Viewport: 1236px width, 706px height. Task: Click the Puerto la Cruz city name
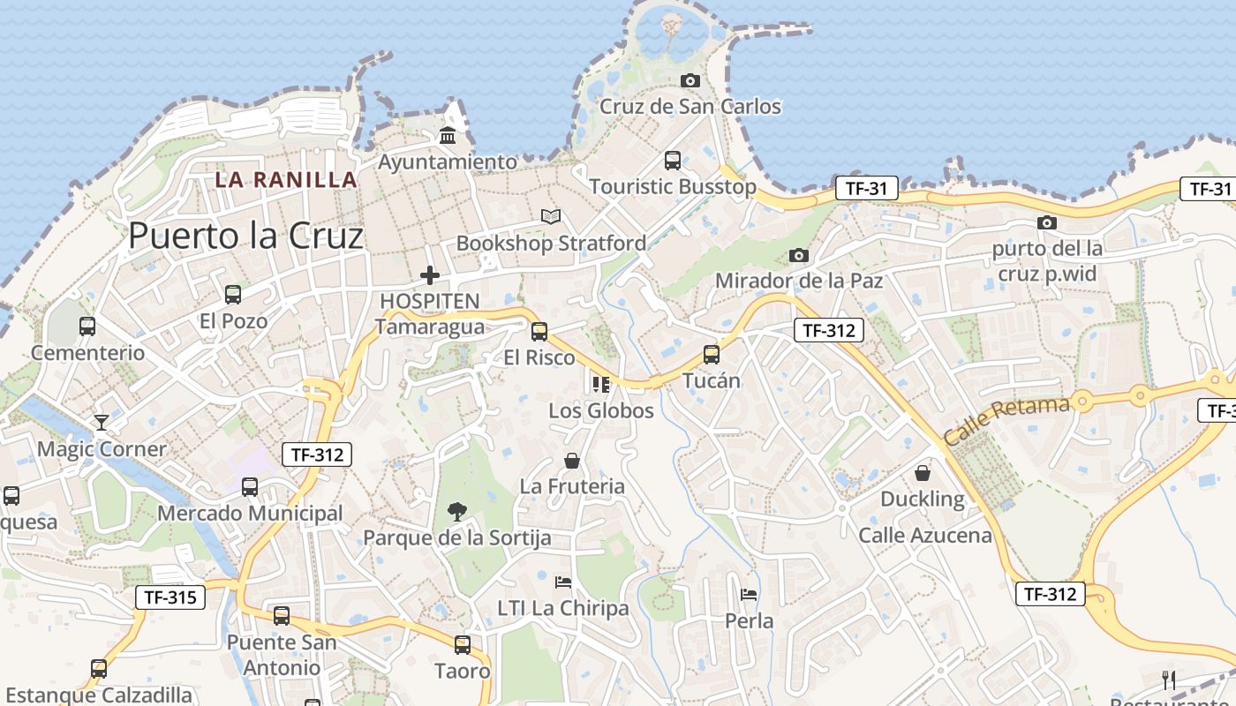point(245,237)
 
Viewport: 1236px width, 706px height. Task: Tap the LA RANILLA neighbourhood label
point(287,180)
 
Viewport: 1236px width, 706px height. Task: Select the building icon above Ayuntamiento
point(448,136)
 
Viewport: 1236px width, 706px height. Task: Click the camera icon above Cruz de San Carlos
point(690,81)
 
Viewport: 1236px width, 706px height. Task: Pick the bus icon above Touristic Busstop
point(673,161)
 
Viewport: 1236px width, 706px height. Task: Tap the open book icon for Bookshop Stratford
point(551,216)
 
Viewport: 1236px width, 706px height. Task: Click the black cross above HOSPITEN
point(430,275)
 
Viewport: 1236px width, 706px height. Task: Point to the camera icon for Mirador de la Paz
point(799,256)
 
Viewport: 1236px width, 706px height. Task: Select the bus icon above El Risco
point(539,332)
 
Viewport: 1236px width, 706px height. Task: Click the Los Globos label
point(601,410)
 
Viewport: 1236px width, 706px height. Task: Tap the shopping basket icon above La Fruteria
point(572,461)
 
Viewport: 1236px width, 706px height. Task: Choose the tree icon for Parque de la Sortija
point(456,511)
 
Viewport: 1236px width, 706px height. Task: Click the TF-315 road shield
point(170,597)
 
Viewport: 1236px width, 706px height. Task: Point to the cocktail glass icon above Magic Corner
point(102,423)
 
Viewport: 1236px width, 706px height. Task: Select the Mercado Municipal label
point(250,514)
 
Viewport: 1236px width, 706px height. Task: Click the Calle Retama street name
point(1006,421)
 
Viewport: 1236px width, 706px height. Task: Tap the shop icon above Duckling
point(923,474)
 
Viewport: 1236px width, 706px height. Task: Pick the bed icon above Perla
point(749,595)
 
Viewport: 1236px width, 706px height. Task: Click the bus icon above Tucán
point(712,355)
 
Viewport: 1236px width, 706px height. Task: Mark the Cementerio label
point(87,353)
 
